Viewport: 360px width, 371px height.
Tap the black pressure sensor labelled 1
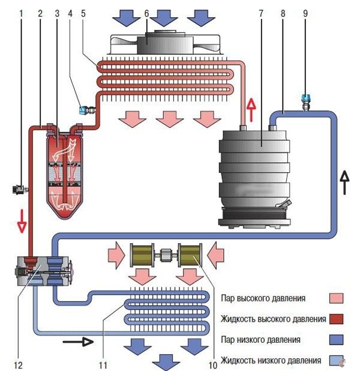[20, 190]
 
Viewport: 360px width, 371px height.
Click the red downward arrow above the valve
[22, 220]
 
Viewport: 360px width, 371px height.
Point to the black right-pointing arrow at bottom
[77, 342]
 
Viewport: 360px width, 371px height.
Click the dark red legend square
[338, 318]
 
